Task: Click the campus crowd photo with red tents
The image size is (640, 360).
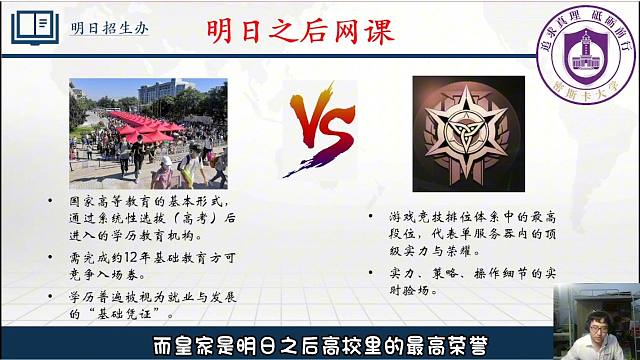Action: pos(148,132)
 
